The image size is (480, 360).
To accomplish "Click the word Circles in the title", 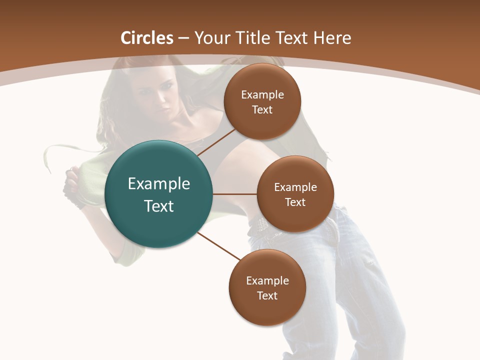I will [x=147, y=38].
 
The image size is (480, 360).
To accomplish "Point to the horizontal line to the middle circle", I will [x=234, y=194].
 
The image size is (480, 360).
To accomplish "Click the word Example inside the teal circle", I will [x=159, y=184].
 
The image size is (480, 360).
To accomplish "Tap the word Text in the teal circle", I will [x=159, y=206].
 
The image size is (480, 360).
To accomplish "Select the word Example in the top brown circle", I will [x=262, y=95].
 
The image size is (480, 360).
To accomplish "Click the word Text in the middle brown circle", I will [x=295, y=202].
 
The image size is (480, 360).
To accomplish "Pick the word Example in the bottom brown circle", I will [x=267, y=280].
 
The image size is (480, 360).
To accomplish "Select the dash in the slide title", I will [x=183, y=38].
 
